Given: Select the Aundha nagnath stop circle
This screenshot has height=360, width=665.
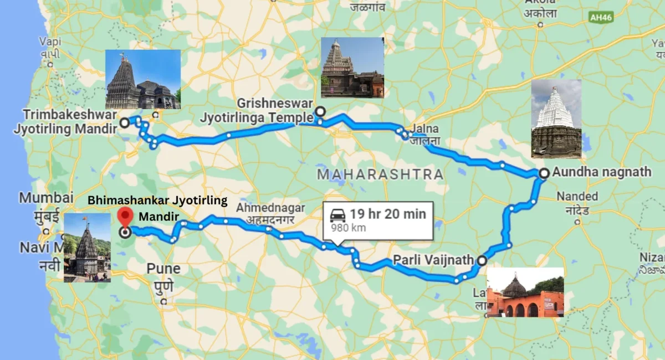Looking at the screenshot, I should pos(544,173).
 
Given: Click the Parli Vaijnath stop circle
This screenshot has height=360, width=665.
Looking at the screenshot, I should pos(482,260).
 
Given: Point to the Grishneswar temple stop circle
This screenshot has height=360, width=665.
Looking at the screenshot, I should pos(320,112).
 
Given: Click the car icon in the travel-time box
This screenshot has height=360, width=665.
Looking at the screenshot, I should pos(338,215).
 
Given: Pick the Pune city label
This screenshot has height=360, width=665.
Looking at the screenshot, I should pos(163,269).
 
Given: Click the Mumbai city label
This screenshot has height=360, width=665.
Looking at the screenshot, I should pos(46,198).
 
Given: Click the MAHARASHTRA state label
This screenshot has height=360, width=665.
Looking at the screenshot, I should pos(380,174).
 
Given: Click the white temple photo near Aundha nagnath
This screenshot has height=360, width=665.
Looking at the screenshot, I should pos(556,119).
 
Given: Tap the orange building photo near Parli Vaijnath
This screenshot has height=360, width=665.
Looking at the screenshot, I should pos(525,292).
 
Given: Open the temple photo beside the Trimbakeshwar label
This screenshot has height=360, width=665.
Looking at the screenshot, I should pos(142,79).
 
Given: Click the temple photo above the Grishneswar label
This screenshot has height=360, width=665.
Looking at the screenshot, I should pos(352,68).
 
